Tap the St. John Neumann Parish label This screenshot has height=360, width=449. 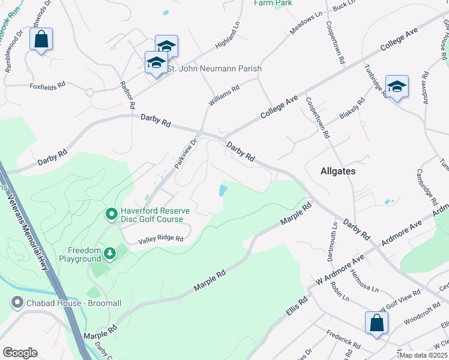point(214,69)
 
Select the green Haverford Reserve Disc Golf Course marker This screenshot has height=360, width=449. point(111,214)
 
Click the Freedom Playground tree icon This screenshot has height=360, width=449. point(110,254)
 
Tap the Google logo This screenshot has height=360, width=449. point(20,353)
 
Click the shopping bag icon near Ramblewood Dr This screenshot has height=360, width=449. point(41,40)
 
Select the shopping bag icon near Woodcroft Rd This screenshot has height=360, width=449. point(376,322)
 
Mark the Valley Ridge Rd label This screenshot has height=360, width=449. point(160,239)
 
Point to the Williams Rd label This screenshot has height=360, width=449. point(224,96)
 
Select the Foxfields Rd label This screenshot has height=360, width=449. point(47,86)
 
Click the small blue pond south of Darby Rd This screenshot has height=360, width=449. point(223,191)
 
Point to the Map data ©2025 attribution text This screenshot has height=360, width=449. point(424,355)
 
